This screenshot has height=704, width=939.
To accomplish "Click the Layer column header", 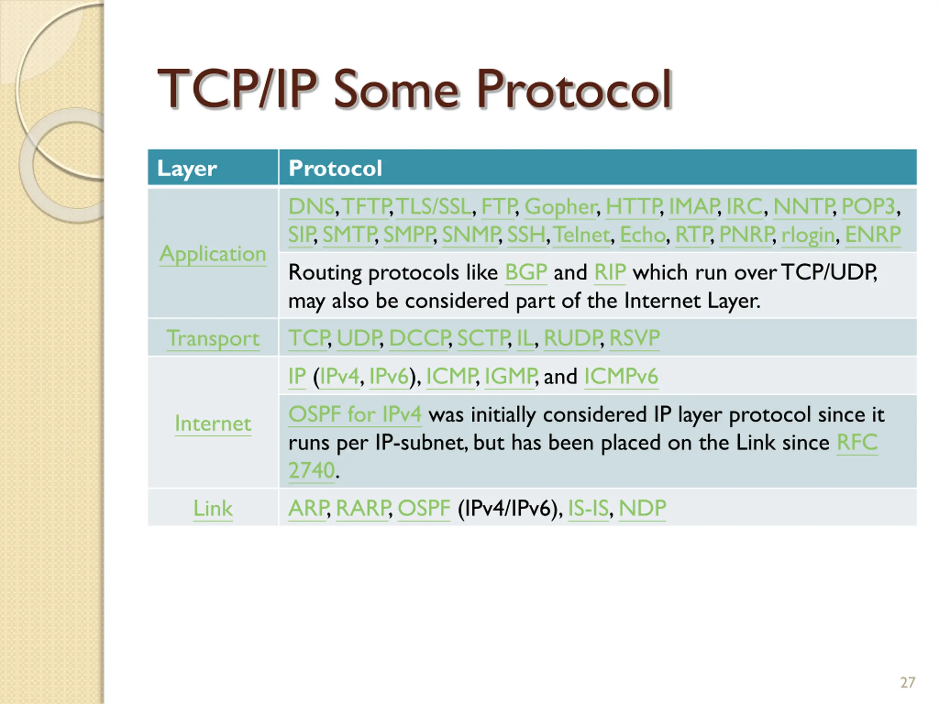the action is [x=187, y=168].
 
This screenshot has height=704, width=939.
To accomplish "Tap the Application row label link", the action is [x=213, y=254].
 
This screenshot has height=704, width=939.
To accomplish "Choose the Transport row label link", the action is [x=213, y=339].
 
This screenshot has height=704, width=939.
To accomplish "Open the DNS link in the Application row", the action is [x=311, y=207].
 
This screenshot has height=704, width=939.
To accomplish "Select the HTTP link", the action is [x=632, y=207].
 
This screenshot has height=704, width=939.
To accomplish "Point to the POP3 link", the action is [x=868, y=207].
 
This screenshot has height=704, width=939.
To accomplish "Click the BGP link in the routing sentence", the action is [x=526, y=272].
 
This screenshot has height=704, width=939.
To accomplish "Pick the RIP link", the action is [x=610, y=272].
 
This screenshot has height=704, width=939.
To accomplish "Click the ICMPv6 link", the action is [x=621, y=377].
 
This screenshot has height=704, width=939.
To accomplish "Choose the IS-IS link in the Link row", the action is [x=588, y=508].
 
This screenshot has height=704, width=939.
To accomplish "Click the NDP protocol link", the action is [x=642, y=508].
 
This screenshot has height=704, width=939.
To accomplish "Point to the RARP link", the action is [x=362, y=508].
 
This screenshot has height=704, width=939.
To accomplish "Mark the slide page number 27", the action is [x=907, y=683].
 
